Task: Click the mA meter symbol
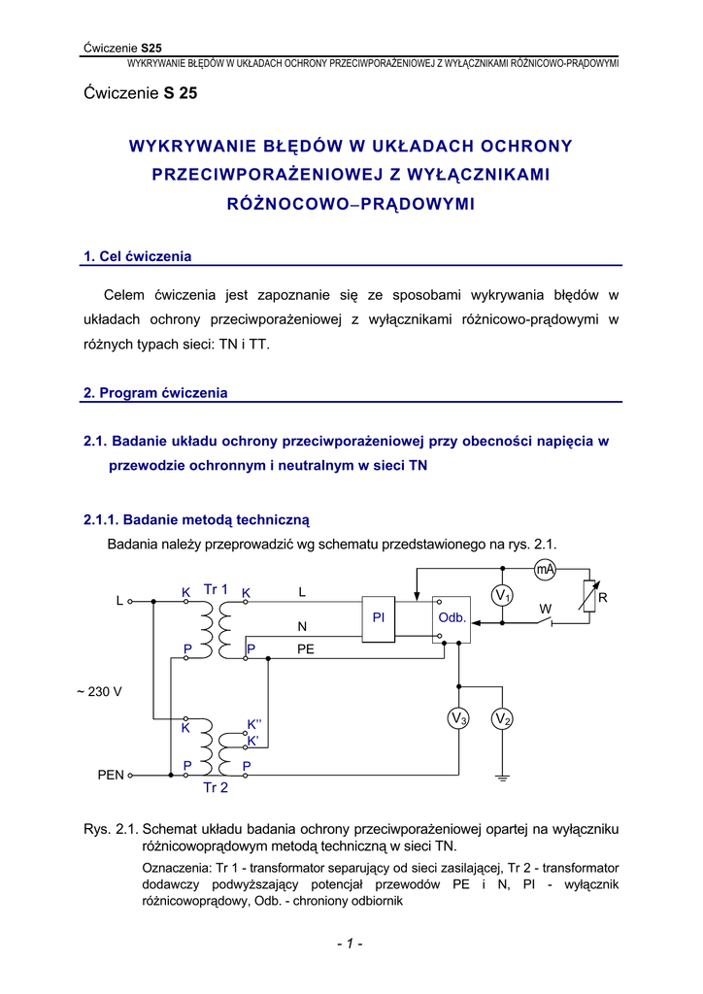pos(545,570)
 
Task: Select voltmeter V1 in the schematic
pos(503,594)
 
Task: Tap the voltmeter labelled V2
pos(502,719)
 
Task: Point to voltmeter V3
pos(459,719)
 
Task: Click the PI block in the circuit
pos(378,618)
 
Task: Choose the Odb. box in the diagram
pos(452,618)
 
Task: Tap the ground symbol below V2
pos(502,777)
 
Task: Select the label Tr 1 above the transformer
pos(216,589)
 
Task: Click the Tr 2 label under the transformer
pos(216,788)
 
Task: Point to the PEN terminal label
pos(111,776)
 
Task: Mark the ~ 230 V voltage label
pos(99,692)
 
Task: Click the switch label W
pos(545,609)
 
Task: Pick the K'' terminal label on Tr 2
pos(255,724)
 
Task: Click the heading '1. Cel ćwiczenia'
pos(138,256)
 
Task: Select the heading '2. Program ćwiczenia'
pos(155,393)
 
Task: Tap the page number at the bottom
pos(351,944)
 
